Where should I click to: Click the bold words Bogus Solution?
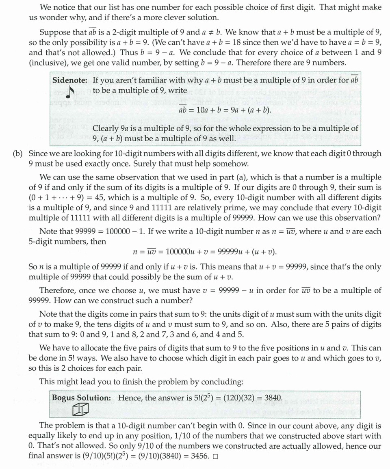click(x=81, y=398)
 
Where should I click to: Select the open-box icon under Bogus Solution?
click(x=80, y=411)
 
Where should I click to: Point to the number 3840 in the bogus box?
click(x=273, y=398)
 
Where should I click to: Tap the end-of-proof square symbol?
click(x=215, y=456)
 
